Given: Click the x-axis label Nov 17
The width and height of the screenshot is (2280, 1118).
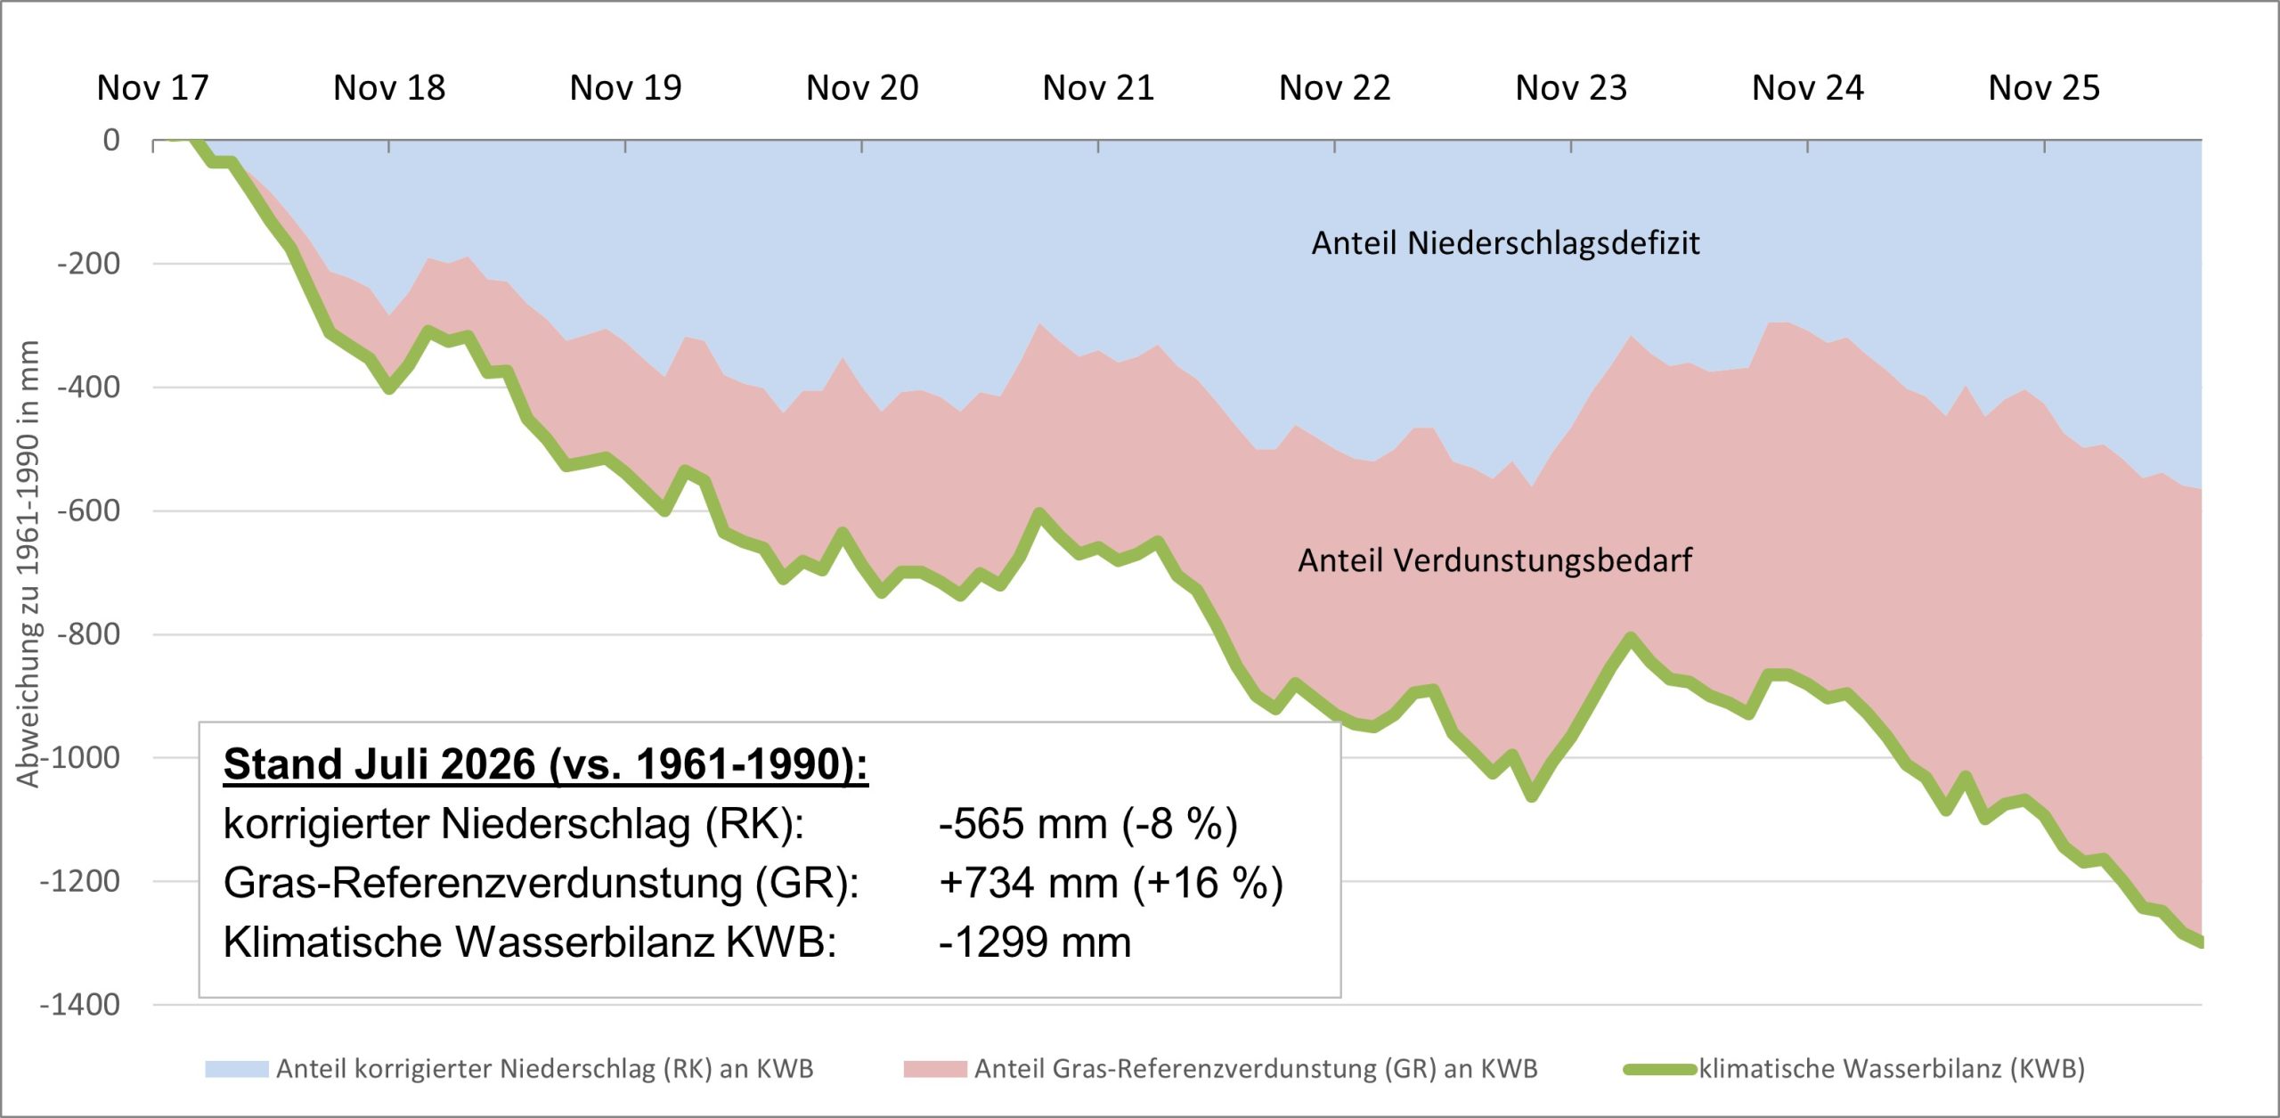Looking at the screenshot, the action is [152, 88].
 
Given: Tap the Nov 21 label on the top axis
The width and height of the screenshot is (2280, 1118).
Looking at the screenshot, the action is [1098, 88].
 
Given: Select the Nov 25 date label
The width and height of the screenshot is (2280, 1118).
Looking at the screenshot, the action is [2044, 88].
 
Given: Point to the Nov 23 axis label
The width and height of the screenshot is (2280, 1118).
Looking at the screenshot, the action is [1571, 88].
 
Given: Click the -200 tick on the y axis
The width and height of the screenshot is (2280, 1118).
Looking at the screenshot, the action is [88, 264].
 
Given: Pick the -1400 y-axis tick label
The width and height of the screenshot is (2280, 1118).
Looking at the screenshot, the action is [79, 1005].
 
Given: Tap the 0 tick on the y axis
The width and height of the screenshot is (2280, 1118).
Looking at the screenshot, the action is [111, 140].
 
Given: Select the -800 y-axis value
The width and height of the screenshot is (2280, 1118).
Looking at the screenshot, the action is [88, 634].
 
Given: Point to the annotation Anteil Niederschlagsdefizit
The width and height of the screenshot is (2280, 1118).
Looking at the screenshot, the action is [1505, 243].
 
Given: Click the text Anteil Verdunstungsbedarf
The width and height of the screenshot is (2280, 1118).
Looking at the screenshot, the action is [1494, 560].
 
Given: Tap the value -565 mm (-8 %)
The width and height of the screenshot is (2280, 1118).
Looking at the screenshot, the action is [1087, 824].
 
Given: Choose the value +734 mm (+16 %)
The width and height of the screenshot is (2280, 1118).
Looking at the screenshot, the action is [1111, 883].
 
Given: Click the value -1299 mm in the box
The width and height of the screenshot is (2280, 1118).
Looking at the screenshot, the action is [1035, 942].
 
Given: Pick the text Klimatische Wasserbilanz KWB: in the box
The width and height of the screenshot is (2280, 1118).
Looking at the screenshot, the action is [530, 943].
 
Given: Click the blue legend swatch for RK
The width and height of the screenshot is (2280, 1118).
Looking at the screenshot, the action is [236, 1069].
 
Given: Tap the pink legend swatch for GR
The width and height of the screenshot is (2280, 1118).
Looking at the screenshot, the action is [934, 1069].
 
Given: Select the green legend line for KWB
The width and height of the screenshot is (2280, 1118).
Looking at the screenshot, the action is [1659, 1069].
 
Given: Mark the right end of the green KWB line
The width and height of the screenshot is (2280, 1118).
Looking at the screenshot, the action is [2201, 943].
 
